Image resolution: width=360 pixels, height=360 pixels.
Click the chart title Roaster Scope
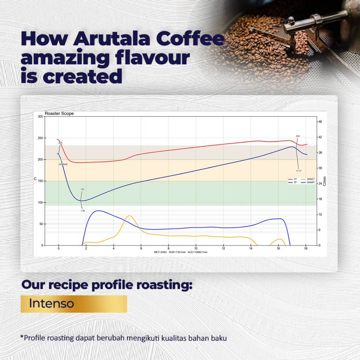tap(59, 114)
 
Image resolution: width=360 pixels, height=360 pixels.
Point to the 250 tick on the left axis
tap(40, 138)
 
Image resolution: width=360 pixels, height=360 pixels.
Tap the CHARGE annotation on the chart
tap(63, 164)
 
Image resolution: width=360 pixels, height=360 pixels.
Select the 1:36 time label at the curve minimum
tap(83, 211)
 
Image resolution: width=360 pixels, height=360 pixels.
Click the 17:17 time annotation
tap(298, 171)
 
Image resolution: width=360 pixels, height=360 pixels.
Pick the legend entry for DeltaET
tap(311, 179)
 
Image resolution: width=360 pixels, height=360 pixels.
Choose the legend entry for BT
tap(296, 182)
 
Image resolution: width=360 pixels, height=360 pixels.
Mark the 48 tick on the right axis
tap(320, 122)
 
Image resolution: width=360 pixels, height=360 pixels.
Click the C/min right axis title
tap(324, 181)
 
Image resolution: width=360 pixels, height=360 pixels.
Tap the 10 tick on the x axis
tap(196, 249)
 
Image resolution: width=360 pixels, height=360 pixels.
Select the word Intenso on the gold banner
tap(51, 303)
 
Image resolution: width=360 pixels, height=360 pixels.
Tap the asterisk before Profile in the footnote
tap(22, 337)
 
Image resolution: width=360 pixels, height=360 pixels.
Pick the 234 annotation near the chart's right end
tap(298, 136)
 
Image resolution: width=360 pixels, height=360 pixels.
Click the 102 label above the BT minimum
tap(82, 189)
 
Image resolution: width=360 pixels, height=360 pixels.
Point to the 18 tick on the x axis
tap(306, 249)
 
